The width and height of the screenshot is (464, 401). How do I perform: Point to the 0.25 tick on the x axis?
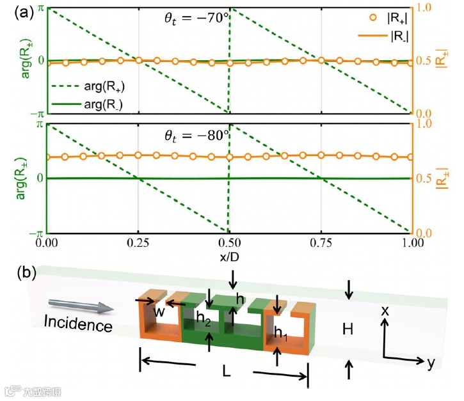(x=137, y=244)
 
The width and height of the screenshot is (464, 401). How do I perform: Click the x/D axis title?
(x=230, y=256)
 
